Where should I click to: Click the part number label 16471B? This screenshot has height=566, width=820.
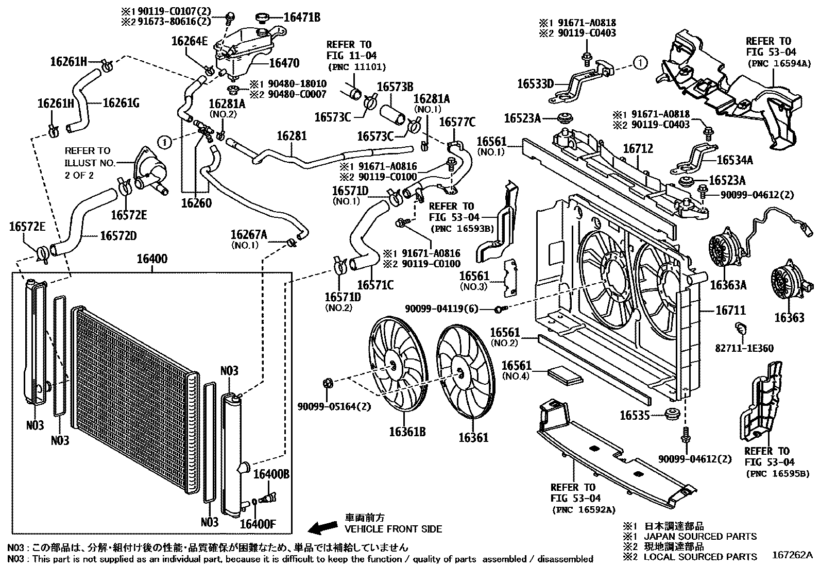pyautogui.click(x=302, y=18)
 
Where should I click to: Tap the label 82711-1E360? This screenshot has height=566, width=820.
pyautogui.click(x=744, y=348)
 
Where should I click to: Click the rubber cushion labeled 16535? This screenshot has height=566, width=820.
pyautogui.click(x=671, y=414)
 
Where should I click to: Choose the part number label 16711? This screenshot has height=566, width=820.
pyautogui.click(x=730, y=311)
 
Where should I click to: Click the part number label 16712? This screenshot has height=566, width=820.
pyautogui.click(x=638, y=149)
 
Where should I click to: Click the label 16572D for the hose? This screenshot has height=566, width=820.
pyautogui.click(x=118, y=235)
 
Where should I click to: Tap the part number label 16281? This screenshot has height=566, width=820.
pyautogui.click(x=292, y=136)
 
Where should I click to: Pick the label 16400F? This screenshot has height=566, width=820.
pyautogui.click(x=258, y=524)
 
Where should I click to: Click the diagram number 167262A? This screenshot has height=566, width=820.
pyautogui.click(x=792, y=555)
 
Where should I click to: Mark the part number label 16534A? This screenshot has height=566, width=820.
pyautogui.click(x=734, y=161)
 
